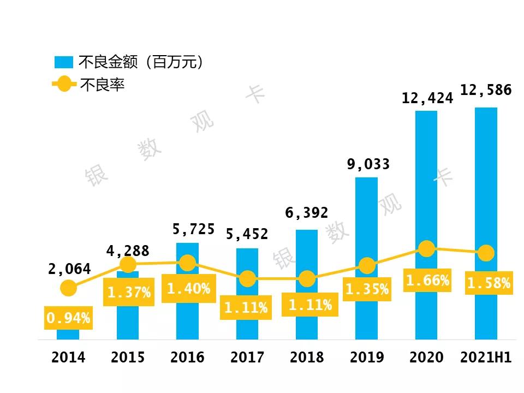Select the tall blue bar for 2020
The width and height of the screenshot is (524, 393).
[426, 180]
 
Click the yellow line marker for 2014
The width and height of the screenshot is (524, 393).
[68, 288]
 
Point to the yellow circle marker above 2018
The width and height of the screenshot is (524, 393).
[307, 279]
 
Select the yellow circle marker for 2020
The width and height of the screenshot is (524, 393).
[426, 249]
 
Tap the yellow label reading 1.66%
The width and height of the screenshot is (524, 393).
[427, 281]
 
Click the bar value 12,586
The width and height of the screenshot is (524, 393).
[486, 90]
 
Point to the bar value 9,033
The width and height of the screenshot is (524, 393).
[368, 164]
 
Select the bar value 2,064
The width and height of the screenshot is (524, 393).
[68, 269]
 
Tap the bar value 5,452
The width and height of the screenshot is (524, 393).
[247, 234]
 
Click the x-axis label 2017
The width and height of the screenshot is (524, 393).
[247, 358]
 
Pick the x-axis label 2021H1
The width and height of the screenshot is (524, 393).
[485, 358]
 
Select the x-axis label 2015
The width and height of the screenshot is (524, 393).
[128, 358]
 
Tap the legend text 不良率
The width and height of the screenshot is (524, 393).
[102, 85]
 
